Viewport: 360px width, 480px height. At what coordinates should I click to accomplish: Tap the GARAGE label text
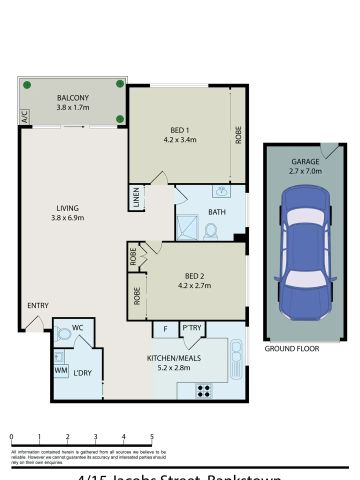click(x=304, y=161)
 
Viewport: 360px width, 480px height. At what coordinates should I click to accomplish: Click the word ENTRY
click(x=38, y=306)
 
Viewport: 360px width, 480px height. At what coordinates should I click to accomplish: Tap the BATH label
click(x=216, y=213)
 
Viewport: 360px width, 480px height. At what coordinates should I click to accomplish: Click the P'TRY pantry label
click(x=192, y=328)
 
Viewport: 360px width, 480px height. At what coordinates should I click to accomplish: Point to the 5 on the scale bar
click(x=152, y=437)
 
